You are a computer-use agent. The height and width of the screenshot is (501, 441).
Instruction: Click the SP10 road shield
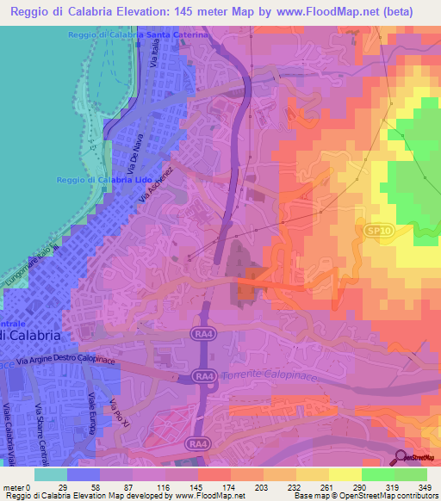[x=371, y=232]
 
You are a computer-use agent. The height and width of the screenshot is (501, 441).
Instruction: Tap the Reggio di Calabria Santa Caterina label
[x=139, y=34]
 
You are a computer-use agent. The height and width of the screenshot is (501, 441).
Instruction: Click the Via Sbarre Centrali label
[x=39, y=435]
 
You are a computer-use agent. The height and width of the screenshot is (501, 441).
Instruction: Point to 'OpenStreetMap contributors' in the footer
[x=388, y=496]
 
